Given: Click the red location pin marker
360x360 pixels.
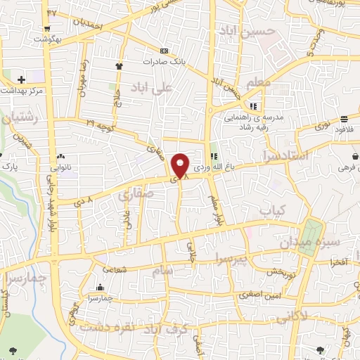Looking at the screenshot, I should point(181,165).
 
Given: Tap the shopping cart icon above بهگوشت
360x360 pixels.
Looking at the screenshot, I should point(47,29).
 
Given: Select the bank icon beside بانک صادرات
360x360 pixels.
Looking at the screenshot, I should point(165,51).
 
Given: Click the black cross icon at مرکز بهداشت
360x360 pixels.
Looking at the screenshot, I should point(21,79).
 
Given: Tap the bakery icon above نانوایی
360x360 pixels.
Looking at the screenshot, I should point(60,156).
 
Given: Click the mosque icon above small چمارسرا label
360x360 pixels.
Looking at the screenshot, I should point(100,288).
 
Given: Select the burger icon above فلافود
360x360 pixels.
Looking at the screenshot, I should point(343,119).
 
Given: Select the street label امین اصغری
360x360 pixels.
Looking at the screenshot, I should point(265,297).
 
